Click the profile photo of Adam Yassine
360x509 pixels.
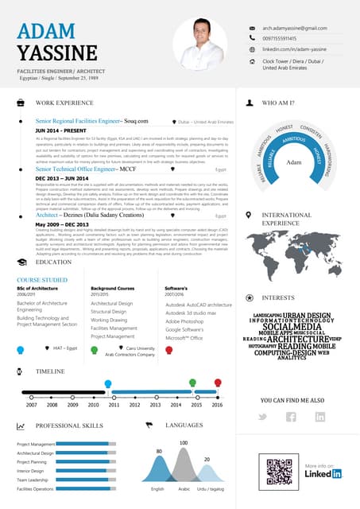[199, 44]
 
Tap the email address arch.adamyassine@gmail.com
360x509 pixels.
[295, 28]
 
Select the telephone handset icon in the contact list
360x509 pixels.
[252, 37]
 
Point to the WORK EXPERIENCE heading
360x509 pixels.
[64, 103]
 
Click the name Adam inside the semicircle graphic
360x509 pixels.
[294, 162]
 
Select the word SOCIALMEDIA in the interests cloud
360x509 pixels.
[292, 327]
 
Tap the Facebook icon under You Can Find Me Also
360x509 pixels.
[291, 417]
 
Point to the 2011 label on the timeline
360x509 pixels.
[114, 404]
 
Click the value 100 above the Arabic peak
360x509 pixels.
[184, 442]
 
